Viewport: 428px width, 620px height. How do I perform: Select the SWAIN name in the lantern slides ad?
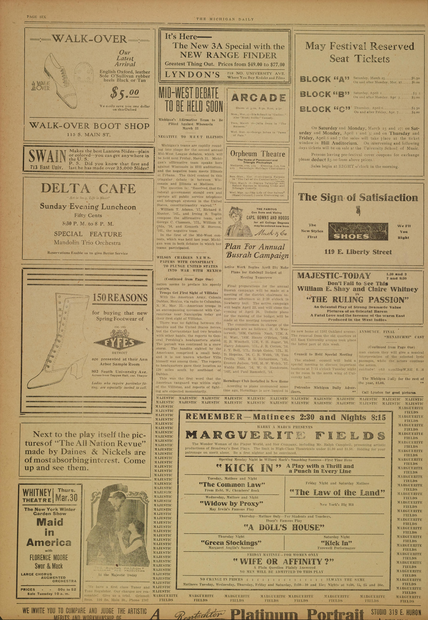47,157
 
